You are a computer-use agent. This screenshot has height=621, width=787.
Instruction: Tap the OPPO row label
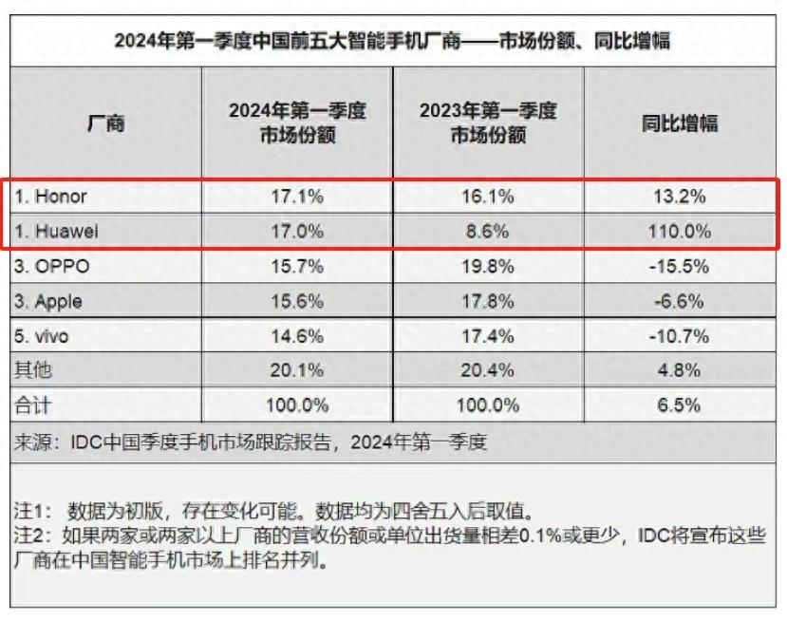[x=53, y=266]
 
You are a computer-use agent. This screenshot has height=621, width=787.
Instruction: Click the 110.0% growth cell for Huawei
[x=678, y=231]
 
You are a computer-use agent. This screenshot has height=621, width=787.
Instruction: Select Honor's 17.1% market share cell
[x=297, y=197]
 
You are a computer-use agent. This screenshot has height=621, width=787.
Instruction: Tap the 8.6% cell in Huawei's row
[x=488, y=231]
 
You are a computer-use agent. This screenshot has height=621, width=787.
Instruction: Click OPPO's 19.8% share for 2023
[x=488, y=266]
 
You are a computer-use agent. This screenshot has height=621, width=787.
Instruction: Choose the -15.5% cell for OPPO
[x=678, y=266]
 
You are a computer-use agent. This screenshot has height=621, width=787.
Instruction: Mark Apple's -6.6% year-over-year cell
[x=678, y=301]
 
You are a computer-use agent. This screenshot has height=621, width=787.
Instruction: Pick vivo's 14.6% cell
[x=297, y=335]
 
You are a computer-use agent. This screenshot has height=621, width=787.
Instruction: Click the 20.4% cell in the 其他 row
[x=488, y=369]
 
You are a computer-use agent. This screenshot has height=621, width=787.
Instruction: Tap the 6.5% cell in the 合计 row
[x=678, y=405]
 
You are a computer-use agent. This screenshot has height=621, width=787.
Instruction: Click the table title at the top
[x=393, y=41]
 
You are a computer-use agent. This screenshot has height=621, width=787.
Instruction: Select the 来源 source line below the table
[x=251, y=442]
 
